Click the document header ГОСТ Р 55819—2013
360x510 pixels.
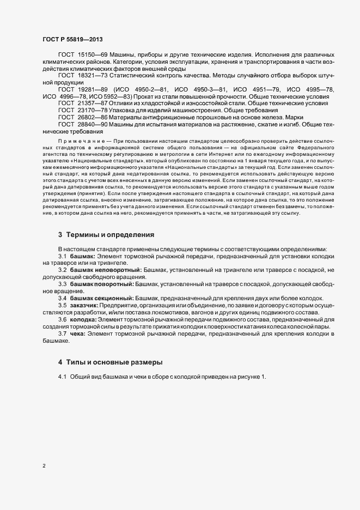[x=72, y=39]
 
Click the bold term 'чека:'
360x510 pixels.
[x=78, y=333]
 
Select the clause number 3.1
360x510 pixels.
[x=62, y=256]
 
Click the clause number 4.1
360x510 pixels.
[x=62, y=378]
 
